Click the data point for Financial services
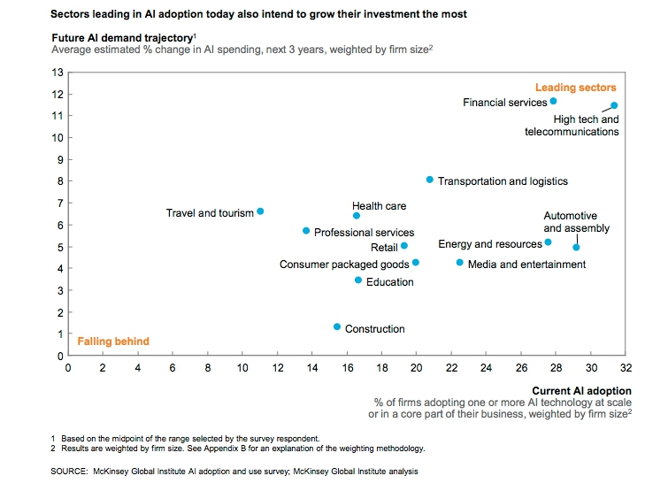553,101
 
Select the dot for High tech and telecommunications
614,105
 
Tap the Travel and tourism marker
260,211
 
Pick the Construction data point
337,326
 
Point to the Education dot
358,280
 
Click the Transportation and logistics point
430,180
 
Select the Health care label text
379,206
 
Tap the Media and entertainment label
526,264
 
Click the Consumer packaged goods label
344,264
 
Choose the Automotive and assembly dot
576,247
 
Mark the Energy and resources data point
548,242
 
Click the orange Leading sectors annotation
575,88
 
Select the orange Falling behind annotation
112,341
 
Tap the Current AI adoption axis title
581,390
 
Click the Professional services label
364,232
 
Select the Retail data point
404,246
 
